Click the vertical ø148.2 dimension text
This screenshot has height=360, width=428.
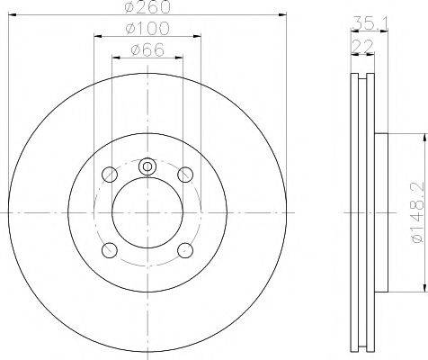[416, 213]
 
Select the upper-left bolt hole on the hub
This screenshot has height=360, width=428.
[110, 175]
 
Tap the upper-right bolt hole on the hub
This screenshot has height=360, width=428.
[185, 175]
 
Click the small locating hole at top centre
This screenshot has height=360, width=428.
[147, 166]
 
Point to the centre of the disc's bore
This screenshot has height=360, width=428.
[147, 212]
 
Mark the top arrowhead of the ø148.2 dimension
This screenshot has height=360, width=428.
[421, 138]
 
